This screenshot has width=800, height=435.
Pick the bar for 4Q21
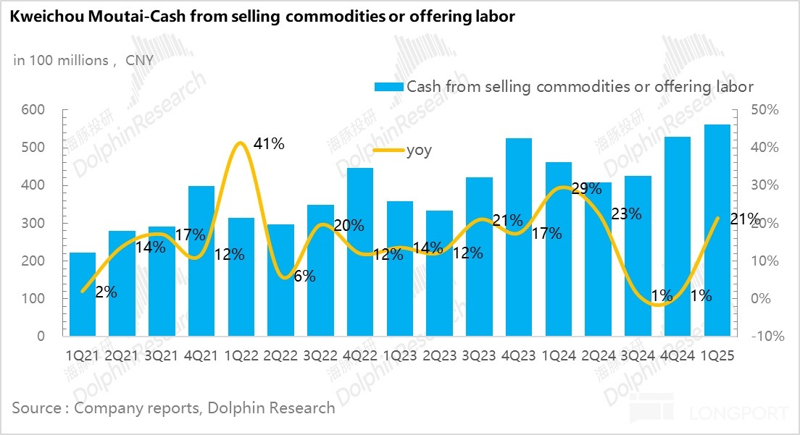[x=201, y=261]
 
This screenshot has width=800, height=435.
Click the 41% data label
[x=270, y=144]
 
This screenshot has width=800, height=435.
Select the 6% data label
[x=304, y=276]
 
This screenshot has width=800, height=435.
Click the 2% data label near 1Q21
[x=106, y=292]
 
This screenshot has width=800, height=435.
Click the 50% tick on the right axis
[x=765, y=110]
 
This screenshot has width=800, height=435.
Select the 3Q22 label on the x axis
[x=320, y=355]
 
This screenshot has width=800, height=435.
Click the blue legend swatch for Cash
[x=388, y=87]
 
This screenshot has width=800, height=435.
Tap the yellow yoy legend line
[x=388, y=151]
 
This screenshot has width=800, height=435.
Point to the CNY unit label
[x=140, y=60]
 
